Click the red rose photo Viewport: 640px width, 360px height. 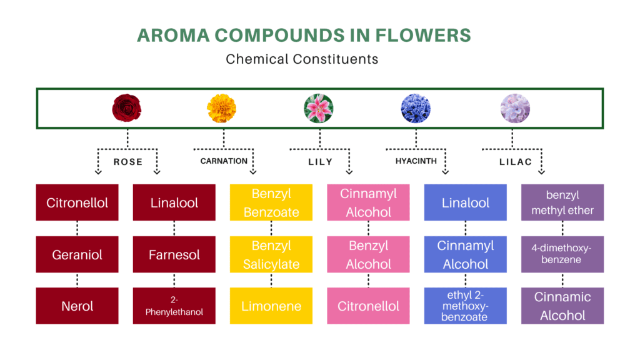127,108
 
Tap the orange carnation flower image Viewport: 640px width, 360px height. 222,108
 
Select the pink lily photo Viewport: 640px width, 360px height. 319,108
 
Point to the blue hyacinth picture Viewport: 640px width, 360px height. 416,108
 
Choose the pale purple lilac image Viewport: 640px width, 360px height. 515,108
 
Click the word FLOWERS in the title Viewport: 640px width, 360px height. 423,35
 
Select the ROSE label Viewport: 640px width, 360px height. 128,162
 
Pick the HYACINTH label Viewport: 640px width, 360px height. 416,161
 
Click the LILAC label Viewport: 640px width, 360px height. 516,162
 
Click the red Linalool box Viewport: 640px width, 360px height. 174,202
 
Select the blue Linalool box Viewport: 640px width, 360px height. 465,202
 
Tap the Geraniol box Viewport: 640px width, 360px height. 77,254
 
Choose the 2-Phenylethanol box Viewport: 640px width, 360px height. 174,306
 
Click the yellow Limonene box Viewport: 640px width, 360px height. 271,306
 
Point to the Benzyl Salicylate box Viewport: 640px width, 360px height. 271,254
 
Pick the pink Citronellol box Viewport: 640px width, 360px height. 368,306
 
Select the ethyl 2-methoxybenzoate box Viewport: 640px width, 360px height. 465,306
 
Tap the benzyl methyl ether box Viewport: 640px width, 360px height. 562,202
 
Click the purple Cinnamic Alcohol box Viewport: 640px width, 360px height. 562,306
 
